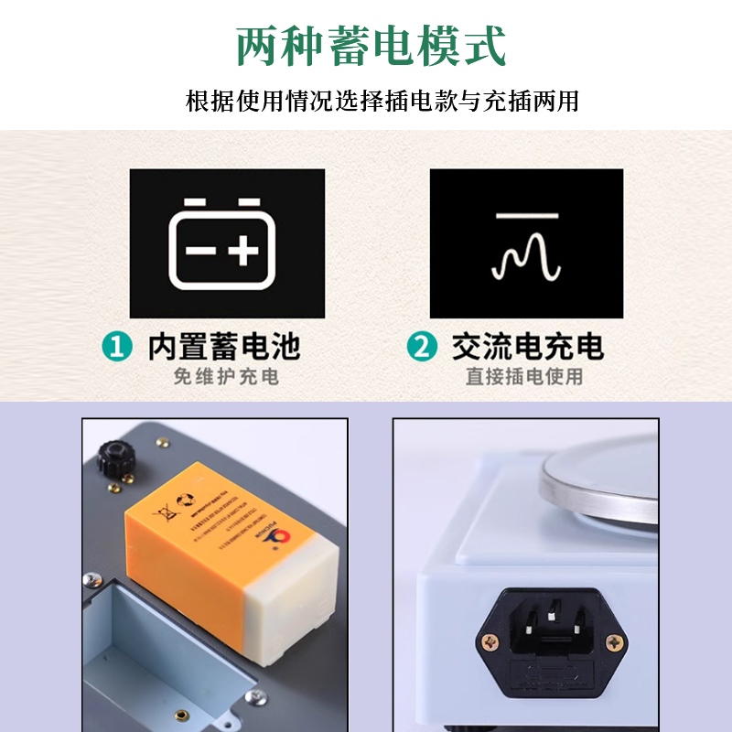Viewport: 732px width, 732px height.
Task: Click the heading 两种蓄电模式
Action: pyautogui.click(x=371, y=45)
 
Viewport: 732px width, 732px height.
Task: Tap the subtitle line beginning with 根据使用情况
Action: pyautogui.click(x=382, y=100)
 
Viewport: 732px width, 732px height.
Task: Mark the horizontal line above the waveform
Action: pyautogui.click(x=526, y=217)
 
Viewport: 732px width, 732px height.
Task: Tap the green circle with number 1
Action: pyautogui.click(x=116, y=348)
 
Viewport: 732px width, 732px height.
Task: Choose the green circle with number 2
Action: pyautogui.click(x=422, y=348)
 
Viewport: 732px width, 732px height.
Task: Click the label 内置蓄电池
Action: pyautogui.click(x=224, y=348)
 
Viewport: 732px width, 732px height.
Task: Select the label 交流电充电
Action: pyautogui.click(x=528, y=348)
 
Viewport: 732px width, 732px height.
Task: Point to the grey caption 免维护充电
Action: pyautogui.click(x=226, y=376)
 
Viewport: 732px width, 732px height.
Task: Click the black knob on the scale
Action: pyautogui.click(x=114, y=453)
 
